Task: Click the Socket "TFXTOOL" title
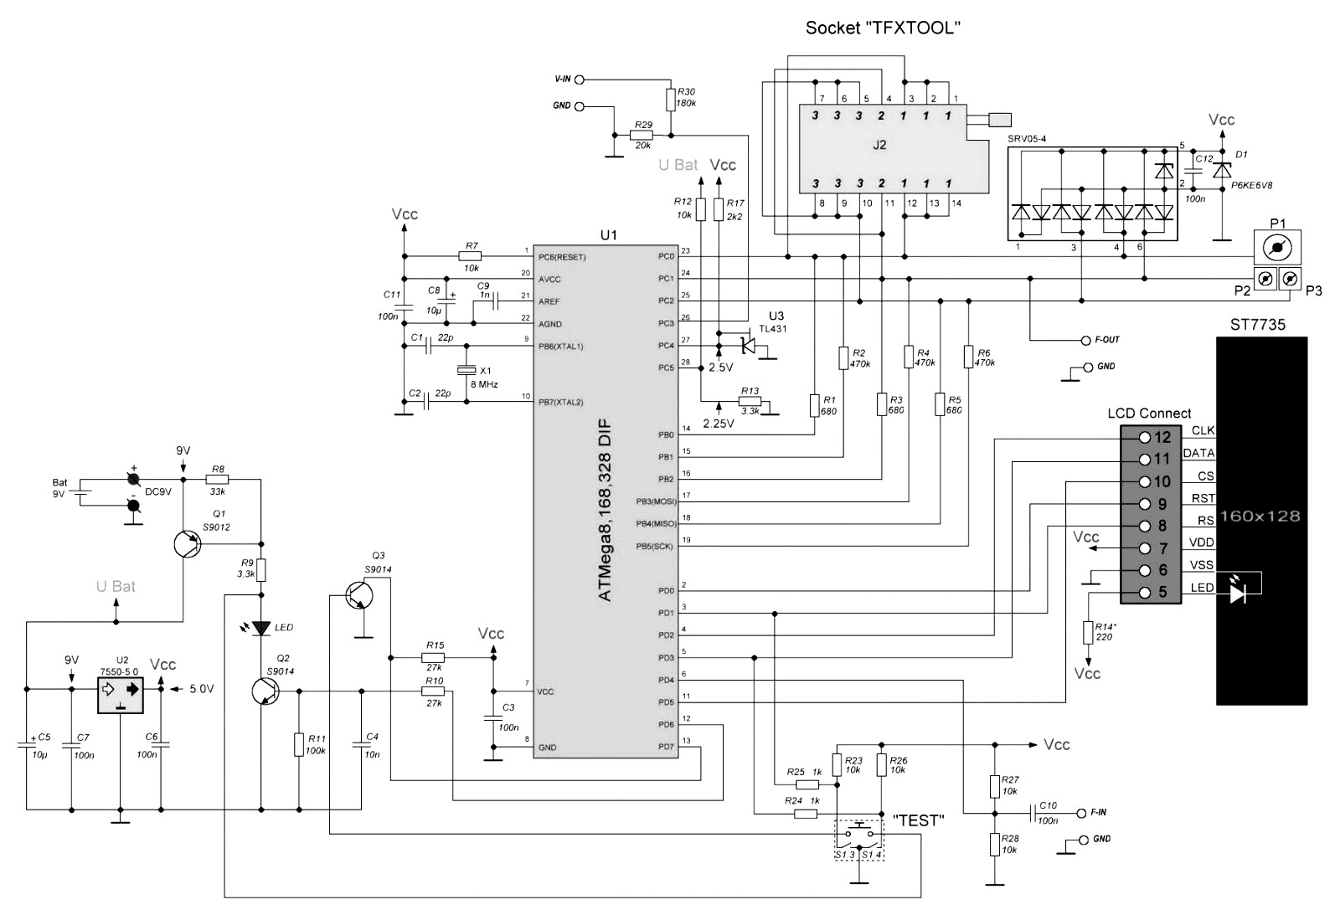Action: tap(882, 28)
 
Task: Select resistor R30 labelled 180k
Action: tap(670, 100)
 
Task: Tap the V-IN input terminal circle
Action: tap(579, 80)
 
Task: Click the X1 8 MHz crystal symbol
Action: tap(466, 371)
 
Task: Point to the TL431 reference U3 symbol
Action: tap(746, 345)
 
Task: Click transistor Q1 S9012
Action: tap(187, 544)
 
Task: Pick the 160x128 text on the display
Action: tap(1260, 516)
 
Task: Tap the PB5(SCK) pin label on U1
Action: tap(654, 547)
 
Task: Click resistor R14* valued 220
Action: tap(1088, 632)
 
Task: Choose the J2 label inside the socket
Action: tap(879, 144)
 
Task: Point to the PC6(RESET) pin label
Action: tap(562, 257)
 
